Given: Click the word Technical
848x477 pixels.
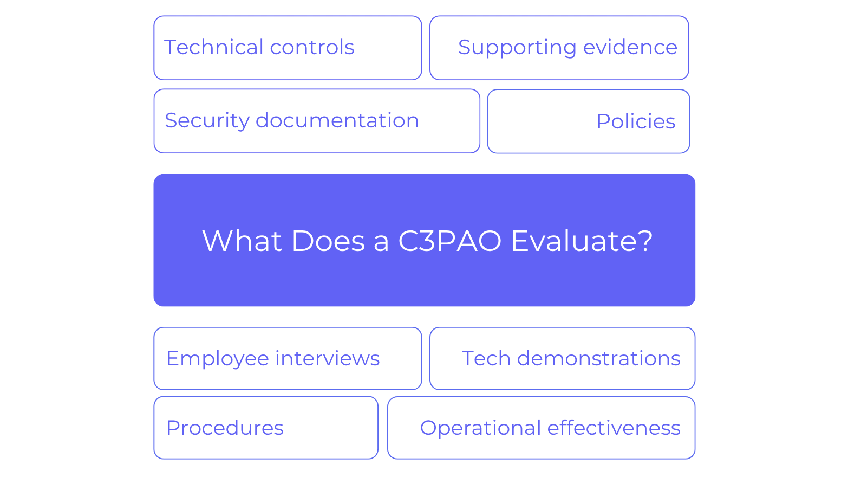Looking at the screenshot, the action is (x=214, y=47).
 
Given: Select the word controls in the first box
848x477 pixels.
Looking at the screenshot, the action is (x=312, y=47).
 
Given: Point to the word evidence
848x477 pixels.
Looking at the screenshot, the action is (x=630, y=47).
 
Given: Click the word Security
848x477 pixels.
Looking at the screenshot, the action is (x=207, y=121).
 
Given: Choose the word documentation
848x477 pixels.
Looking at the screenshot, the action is (x=337, y=120).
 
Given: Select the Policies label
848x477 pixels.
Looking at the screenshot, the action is (x=636, y=121).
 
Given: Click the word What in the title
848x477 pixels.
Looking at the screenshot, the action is (x=242, y=241).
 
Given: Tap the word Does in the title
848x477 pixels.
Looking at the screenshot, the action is (x=328, y=241).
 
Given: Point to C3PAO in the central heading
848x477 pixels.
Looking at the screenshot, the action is (x=450, y=241).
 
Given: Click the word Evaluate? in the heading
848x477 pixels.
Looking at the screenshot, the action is (x=582, y=241).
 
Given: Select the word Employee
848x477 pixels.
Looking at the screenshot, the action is (x=218, y=359).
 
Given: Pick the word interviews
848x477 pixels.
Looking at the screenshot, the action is (x=328, y=358).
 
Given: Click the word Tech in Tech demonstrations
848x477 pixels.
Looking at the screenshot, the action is (x=486, y=358).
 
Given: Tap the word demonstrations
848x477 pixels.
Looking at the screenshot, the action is (x=599, y=358).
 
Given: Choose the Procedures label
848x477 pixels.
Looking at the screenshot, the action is (x=225, y=428).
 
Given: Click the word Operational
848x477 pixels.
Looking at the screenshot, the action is (x=480, y=429).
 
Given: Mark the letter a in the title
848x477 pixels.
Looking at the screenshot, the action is (x=381, y=243).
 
